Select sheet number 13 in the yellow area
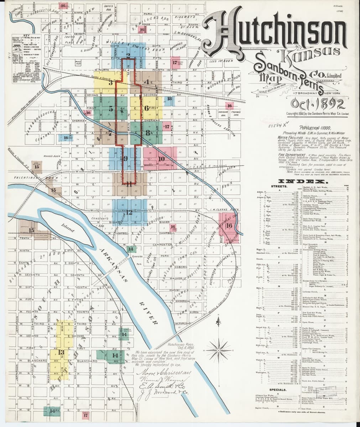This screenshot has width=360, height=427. [61, 352]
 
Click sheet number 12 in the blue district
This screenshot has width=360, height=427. [129, 212]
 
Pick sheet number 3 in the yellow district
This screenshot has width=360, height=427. [111, 83]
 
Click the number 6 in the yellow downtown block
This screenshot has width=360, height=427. [147, 109]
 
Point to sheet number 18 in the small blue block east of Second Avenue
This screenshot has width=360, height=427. [169, 99]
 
